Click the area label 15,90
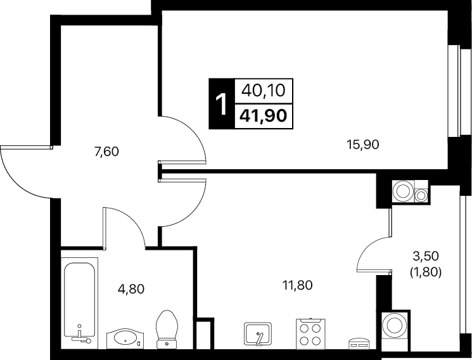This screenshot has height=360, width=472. (362, 145)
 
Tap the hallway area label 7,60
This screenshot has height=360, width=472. (106, 151)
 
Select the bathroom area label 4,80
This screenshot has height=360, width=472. (131, 289)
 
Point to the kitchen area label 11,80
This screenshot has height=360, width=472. (297, 285)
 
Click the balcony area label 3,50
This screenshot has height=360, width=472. (426, 256)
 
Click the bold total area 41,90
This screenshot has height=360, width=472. (263, 115)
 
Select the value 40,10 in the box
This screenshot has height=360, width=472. (264, 90)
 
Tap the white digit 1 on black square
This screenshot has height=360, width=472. (222, 104)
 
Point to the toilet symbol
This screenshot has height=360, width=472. (167, 330)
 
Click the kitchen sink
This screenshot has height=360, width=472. (258, 334)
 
